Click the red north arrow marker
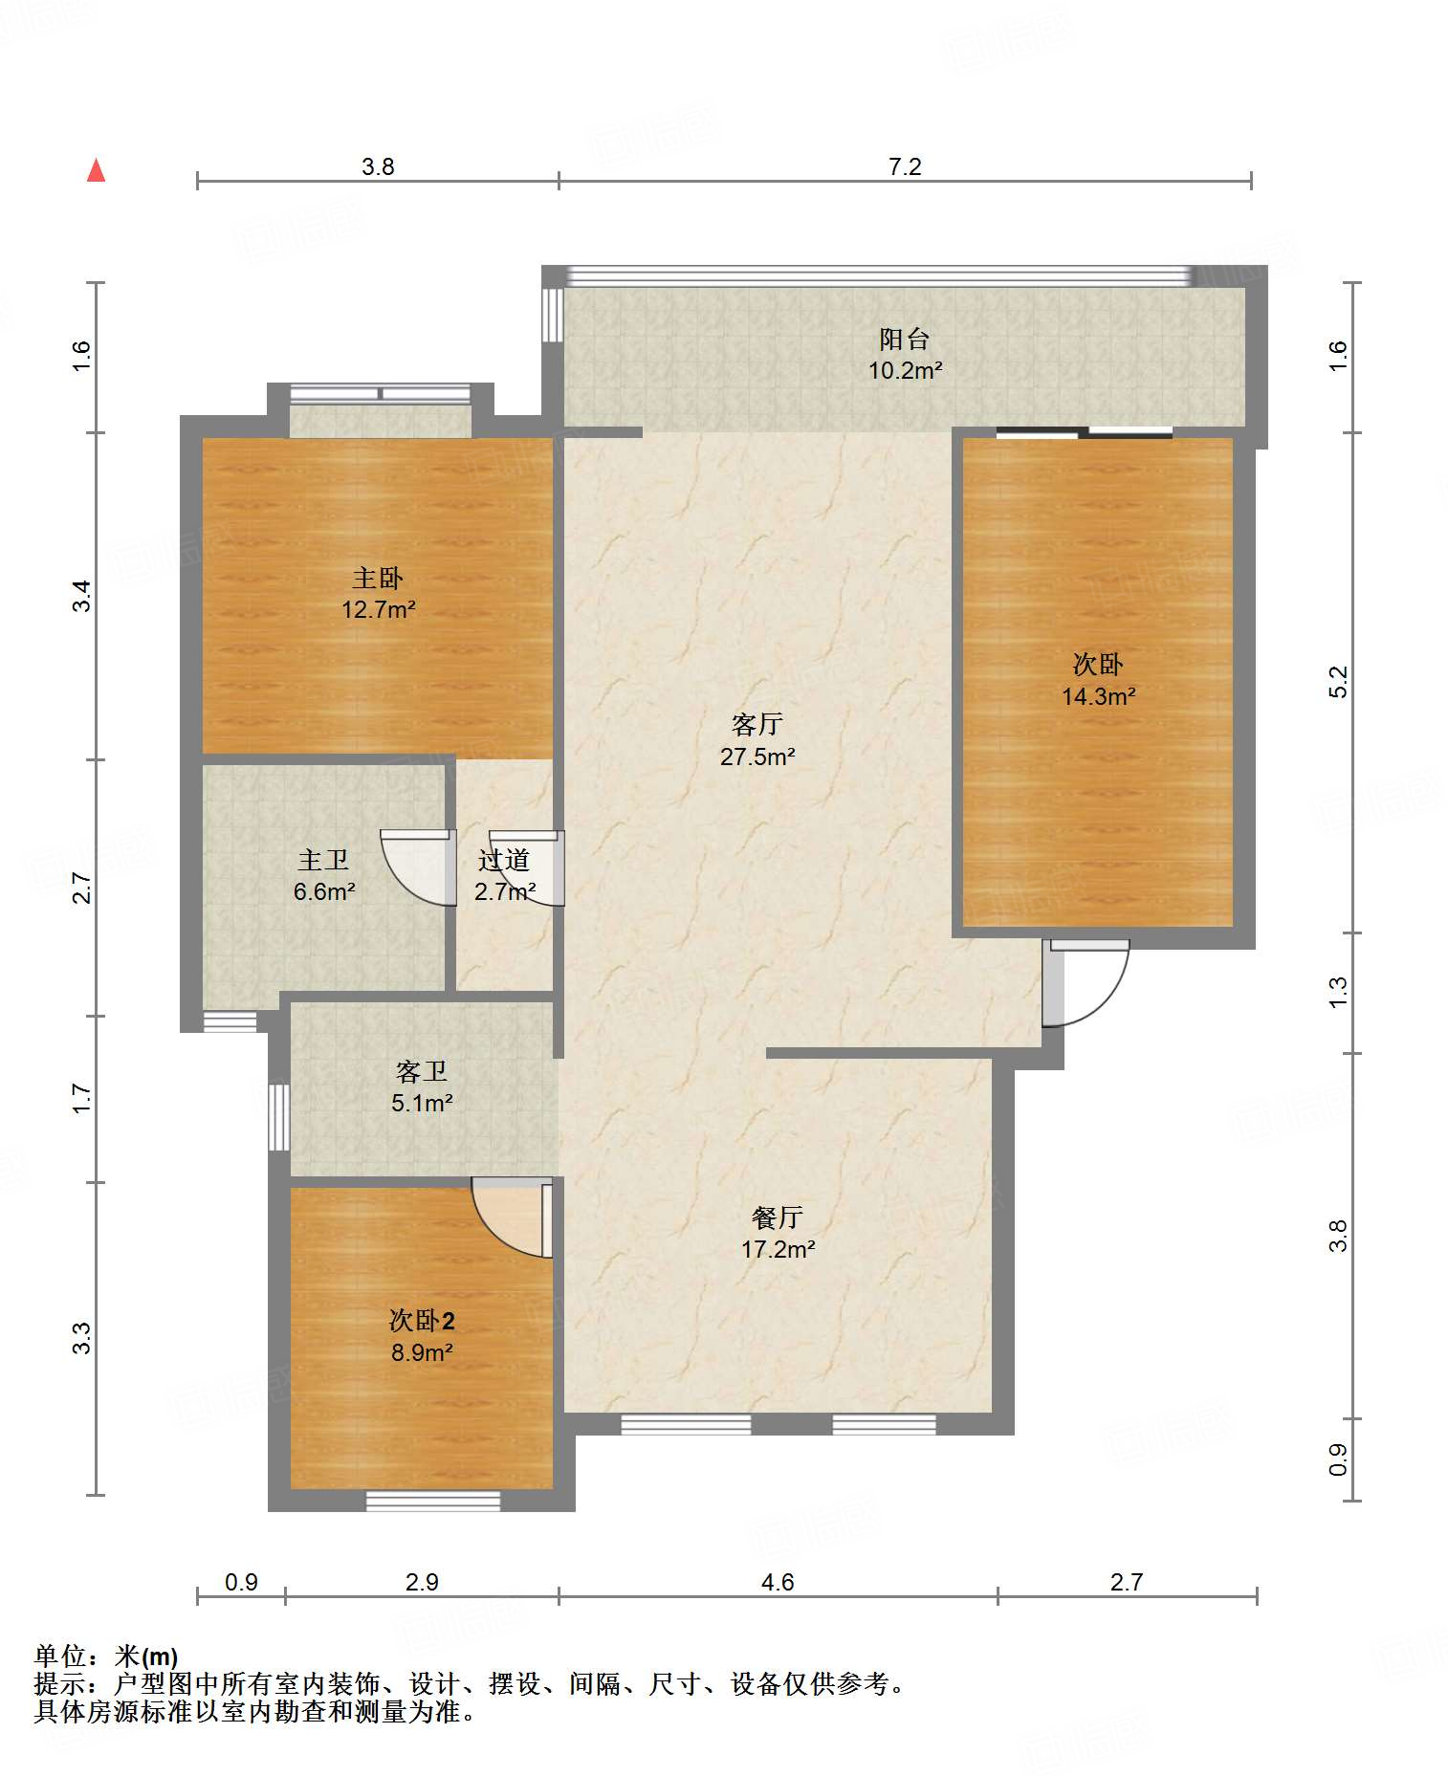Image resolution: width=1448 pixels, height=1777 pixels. tap(96, 170)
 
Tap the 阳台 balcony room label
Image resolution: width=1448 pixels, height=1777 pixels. tap(904, 339)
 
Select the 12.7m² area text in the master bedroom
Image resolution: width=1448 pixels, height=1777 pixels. tap(379, 609)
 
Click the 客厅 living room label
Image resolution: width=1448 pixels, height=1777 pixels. tap(757, 724)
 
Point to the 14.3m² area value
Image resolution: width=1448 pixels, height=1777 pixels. tap(1098, 696)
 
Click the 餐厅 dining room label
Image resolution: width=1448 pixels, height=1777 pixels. tap(777, 1217)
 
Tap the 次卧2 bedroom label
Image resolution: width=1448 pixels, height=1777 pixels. tap(422, 1321)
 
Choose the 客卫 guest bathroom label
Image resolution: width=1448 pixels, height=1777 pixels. tap(422, 1071)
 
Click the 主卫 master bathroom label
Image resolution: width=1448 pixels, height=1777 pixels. tap(323, 860)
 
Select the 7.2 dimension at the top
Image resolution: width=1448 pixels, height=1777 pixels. tap(905, 166)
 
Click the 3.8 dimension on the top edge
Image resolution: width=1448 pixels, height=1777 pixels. tap(378, 166)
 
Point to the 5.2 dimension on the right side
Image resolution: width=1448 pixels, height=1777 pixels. tap(1337, 682)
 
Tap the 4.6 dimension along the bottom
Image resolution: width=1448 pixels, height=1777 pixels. tap(778, 1582)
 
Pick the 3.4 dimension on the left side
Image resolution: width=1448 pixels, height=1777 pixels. tap(83, 596)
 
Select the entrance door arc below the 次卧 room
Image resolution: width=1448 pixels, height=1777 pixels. tap(1086, 982)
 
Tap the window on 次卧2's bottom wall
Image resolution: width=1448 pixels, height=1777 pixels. tap(433, 1501)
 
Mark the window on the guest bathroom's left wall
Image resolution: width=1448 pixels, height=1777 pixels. tap(278, 1117)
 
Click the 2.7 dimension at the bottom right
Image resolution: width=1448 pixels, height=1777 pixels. tap(1127, 1582)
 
